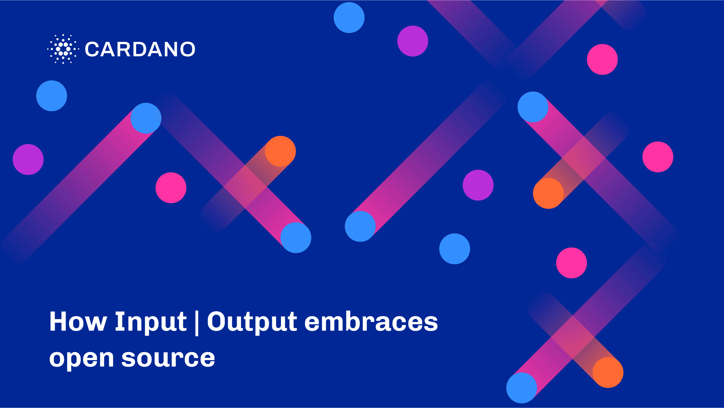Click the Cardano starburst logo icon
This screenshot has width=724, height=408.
(x=63, y=49)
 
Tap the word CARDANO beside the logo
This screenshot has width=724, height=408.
(x=140, y=49)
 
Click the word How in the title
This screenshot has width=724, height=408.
(x=78, y=322)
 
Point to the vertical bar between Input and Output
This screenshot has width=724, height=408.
(x=197, y=323)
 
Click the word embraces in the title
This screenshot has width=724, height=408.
(x=371, y=322)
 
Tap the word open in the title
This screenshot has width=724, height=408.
(x=81, y=359)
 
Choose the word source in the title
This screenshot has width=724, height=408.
(x=168, y=358)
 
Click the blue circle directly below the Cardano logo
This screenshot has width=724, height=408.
(x=52, y=96)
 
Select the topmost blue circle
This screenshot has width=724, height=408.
(x=349, y=18)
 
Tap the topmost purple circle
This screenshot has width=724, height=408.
(x=413, y=41)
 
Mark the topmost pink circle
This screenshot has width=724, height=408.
(x=603, y=60)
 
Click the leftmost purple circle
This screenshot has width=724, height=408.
(x=28, y=160)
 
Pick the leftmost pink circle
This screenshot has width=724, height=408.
(x=171, y=188)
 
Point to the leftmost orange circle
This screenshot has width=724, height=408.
(x=281, y=151)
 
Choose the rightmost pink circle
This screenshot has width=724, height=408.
(x=658, y=157)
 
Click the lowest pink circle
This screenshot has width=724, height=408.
(x=572, y=263)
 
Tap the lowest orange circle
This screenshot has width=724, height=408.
(x=608, y=373)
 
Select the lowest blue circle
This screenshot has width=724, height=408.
(x=522, y=388)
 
